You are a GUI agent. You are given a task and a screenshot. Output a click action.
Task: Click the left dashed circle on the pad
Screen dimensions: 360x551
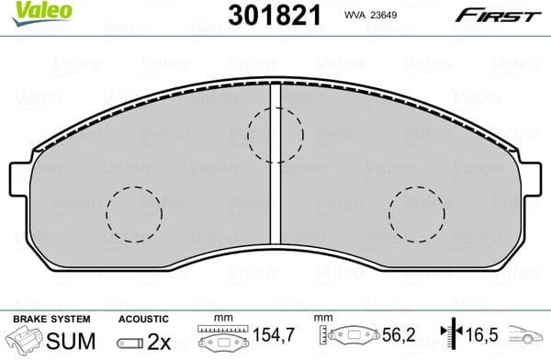point(133,214)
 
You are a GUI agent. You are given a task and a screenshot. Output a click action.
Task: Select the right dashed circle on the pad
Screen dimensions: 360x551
point(416,213)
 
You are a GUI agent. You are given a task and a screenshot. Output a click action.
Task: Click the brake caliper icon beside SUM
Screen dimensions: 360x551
point(18,341)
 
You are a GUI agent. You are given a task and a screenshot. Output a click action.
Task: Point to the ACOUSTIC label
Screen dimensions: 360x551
point(141,319)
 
